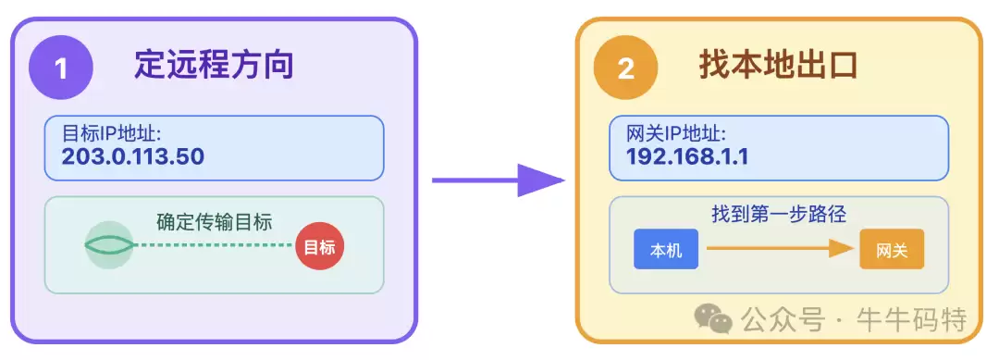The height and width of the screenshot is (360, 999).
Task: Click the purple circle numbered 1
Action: coord(62,68)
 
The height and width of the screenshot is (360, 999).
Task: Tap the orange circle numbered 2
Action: coord(626,68)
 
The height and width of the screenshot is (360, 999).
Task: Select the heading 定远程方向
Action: coord(214,66)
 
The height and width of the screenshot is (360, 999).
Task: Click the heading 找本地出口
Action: coord(778,66)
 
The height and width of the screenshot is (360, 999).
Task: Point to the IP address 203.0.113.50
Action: coord(132,156)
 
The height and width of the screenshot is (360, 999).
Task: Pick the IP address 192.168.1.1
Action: coord(687,156)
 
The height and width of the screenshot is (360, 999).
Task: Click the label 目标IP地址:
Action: coord(112,132)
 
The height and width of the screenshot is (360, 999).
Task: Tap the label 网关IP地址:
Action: coord(676,132)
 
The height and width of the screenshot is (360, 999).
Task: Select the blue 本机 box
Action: coord(665,250)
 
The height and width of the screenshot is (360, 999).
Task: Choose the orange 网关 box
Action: coord(892,250)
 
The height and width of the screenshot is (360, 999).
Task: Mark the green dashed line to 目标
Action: coord(215,245)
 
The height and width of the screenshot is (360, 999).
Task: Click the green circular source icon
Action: coord(109,245)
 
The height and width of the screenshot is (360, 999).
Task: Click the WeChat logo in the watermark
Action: coord(713,319)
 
